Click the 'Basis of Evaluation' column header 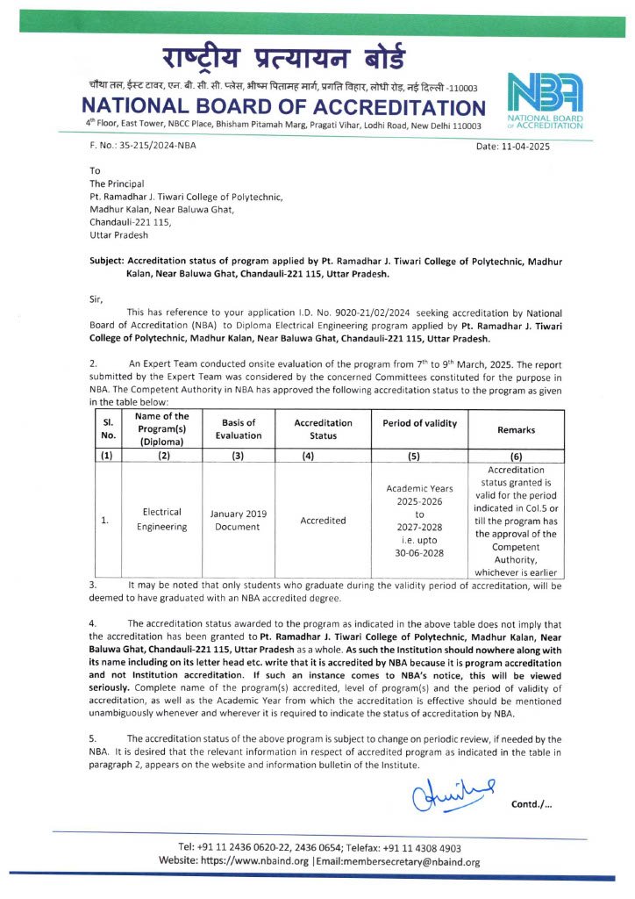coord(239,429)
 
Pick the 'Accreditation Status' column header coord(322,429)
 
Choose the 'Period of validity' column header coord(419,423)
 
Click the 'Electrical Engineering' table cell coord(161,520)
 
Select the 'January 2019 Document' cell coord(239,520)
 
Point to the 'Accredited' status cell coord(323,521)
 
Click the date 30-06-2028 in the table coord(419,554)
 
